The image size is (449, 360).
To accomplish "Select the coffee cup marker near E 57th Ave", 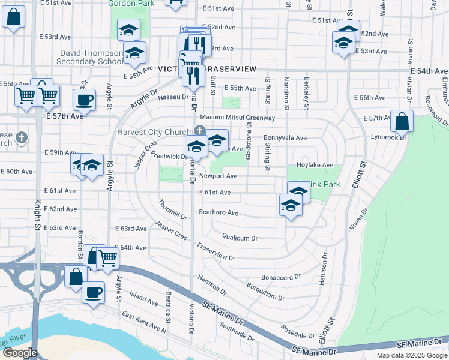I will pyautogui.click(x=84, y=100).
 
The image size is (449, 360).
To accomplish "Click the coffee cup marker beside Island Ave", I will pyautogui.click(x=93, y=293).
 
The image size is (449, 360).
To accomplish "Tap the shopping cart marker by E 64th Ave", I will pyautogui.click(x=107, y=258).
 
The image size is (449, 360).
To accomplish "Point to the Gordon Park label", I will pyautogui.click(x=131, y=4).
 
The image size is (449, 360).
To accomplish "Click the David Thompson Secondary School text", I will pyautogui.click(x=92, y=57).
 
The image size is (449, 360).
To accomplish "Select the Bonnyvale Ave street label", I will pyautogui.click(x=285, y=137).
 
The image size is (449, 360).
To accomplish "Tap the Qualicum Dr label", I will pyautogui.click(x=240, y=238).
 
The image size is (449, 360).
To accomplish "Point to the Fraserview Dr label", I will pyautogui.click(x=215, y=252).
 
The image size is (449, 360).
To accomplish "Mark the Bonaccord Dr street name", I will pyautogui.click(x=280, y=277).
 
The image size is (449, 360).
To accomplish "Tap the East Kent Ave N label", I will pyautogui.click(x=143, y=322).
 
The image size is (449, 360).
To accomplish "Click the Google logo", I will pyautogui.click(x=20, y=353).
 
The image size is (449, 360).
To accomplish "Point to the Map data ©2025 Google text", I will pyautogui.click(x=411, y=355).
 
